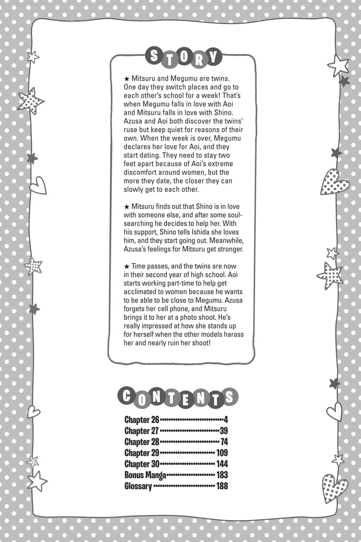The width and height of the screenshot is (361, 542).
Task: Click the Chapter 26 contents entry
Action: coord(142,419)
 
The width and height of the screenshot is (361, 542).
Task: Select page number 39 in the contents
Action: coord(223,431)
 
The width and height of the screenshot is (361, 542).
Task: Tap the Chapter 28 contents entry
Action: coord(142,442)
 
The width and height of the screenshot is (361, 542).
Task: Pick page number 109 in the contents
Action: coord(222,453)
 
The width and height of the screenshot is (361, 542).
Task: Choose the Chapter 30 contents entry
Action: coord(142,464)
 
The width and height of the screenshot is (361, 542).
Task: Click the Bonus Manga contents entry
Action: coord(145,475)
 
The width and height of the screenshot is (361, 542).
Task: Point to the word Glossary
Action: coord(138,486)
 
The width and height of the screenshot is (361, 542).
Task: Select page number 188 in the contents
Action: coord(222,486)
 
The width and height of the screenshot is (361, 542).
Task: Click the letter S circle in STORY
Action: coord(154,57)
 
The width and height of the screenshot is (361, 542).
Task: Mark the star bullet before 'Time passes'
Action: coord(127,266)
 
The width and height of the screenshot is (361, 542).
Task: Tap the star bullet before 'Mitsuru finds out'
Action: coord(127,206)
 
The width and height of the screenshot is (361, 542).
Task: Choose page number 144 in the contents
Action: coord(222,464)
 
